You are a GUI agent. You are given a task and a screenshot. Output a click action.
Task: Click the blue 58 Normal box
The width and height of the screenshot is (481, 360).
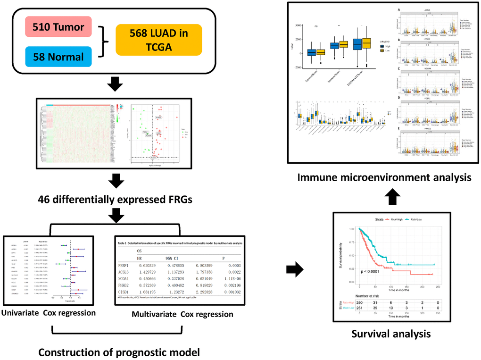(x=58, y=57)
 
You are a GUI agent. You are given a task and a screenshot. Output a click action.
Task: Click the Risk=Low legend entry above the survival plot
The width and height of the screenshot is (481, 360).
(x=417, y=219)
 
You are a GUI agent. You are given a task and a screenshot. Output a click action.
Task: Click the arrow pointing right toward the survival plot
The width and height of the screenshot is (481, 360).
(x=295, y=270)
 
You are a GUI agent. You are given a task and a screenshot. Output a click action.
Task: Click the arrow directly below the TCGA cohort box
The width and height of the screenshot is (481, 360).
(x=115, y=85)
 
